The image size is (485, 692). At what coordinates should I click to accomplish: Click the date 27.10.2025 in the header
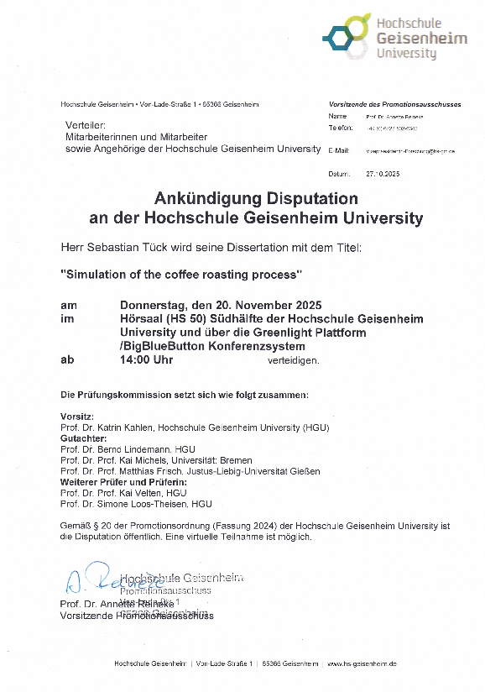[x=383, y=173]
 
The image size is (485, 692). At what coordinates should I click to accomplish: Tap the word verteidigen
[x=294, y=360]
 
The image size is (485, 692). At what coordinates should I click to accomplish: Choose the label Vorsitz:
[x=77, y=417]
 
